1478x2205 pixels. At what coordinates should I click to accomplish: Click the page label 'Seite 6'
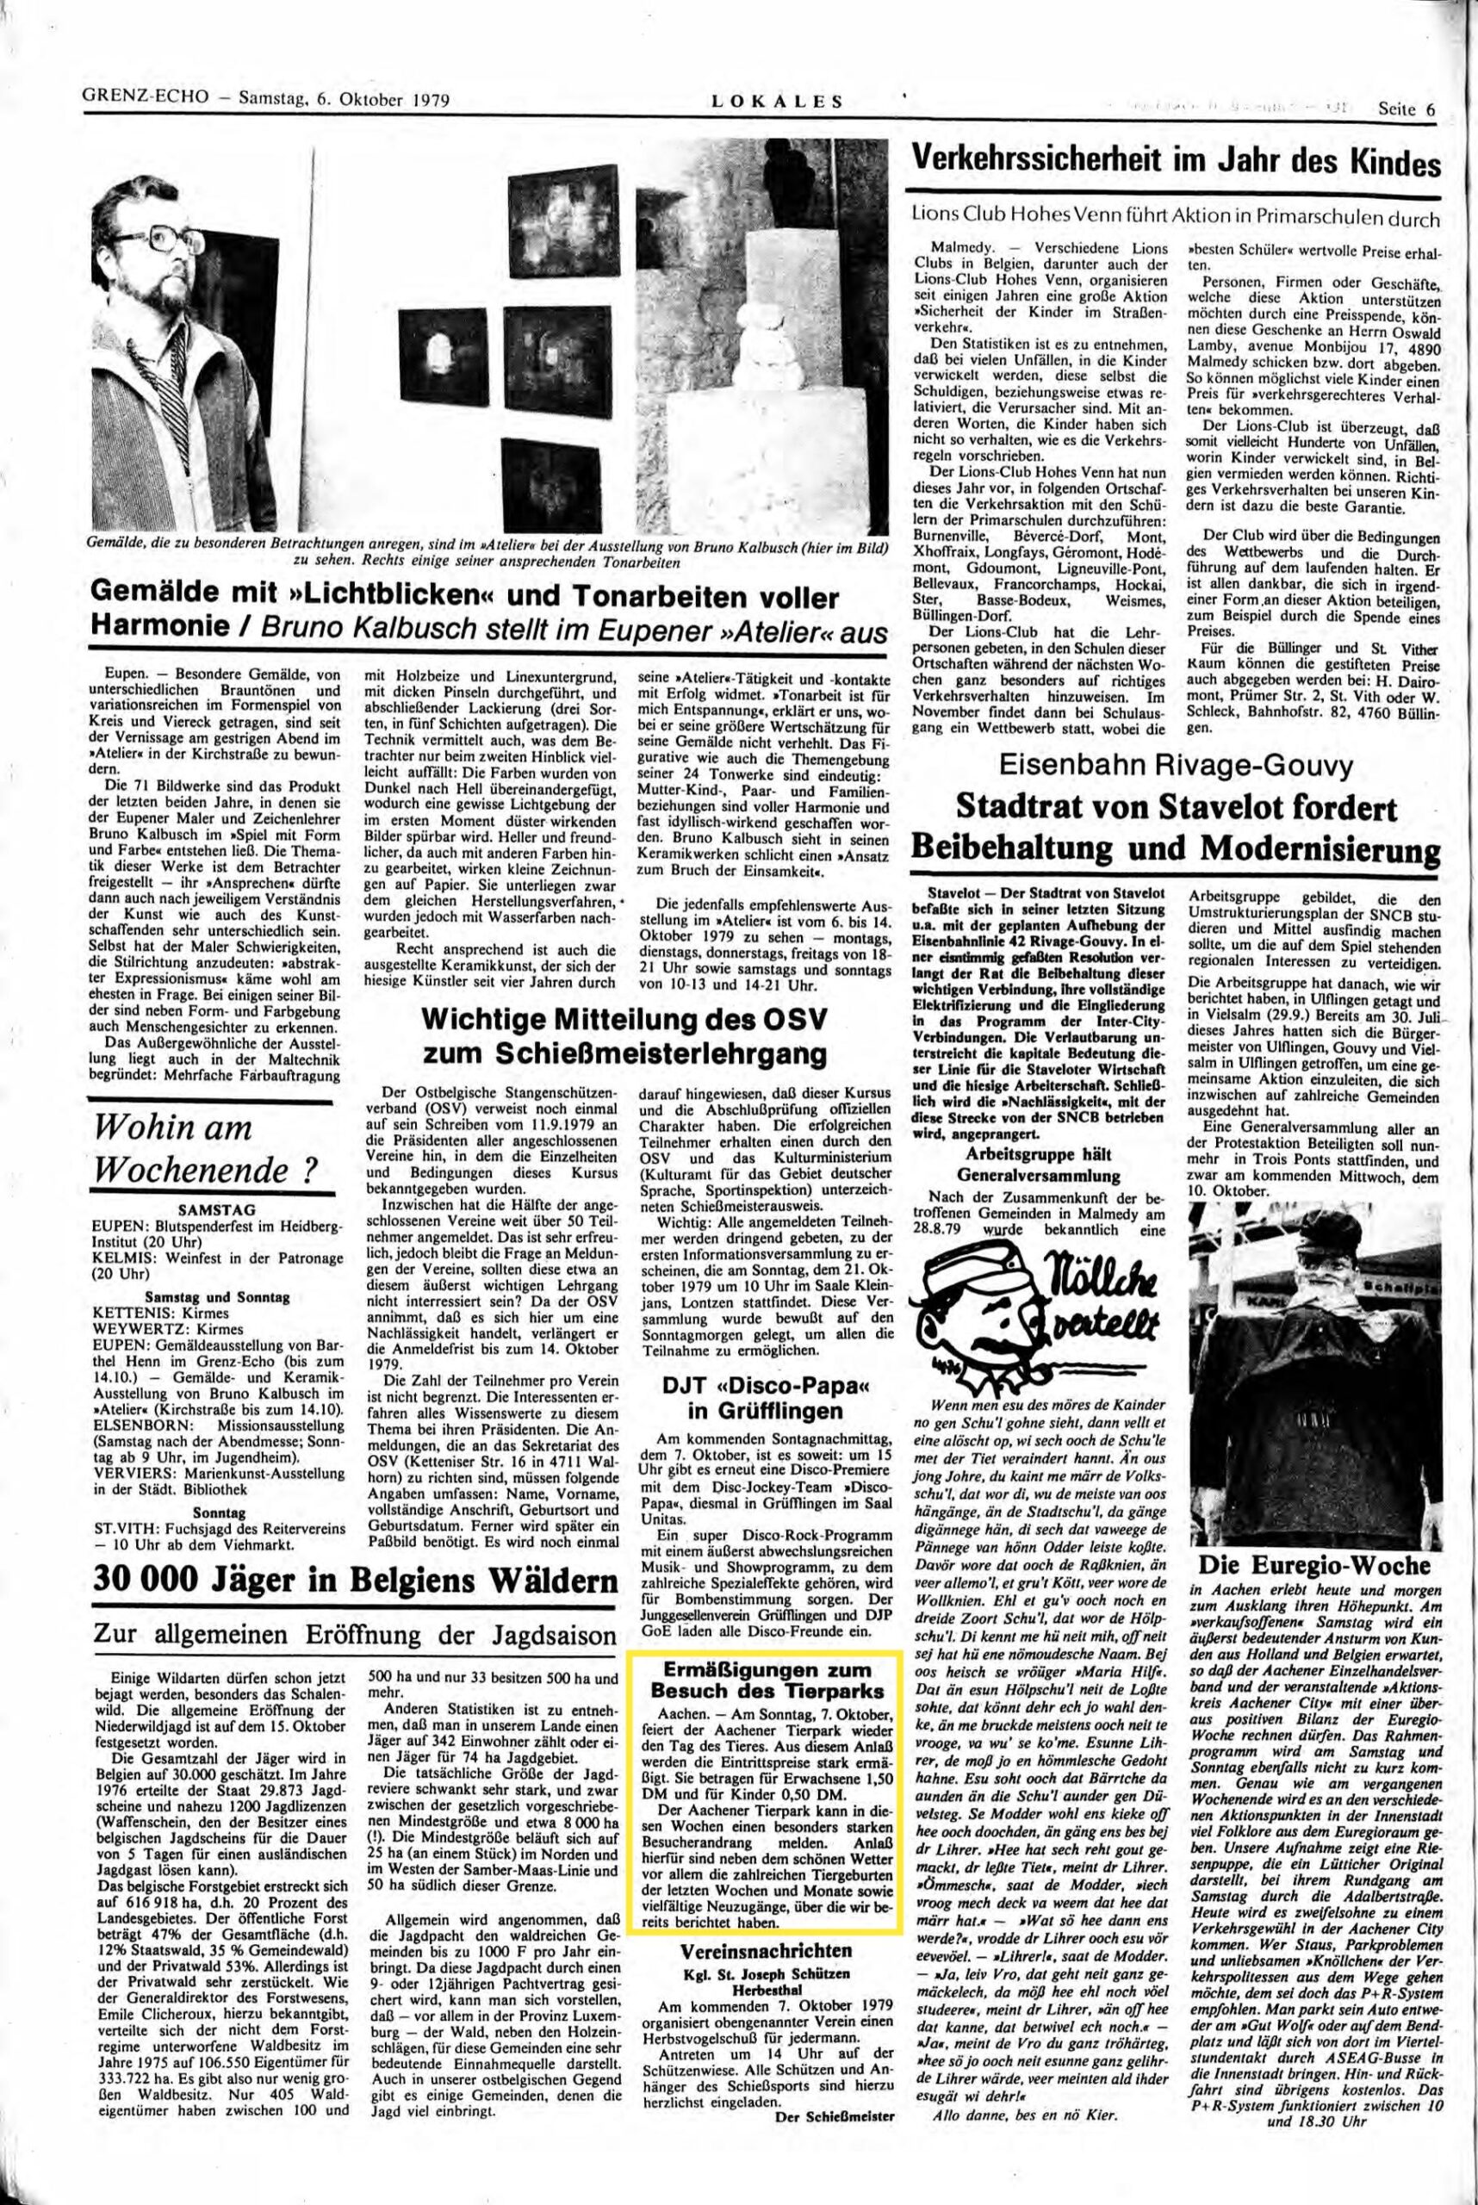(x=1406, y=108)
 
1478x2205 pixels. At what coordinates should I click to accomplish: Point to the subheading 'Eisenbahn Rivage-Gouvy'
(x=1175, y=768)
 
